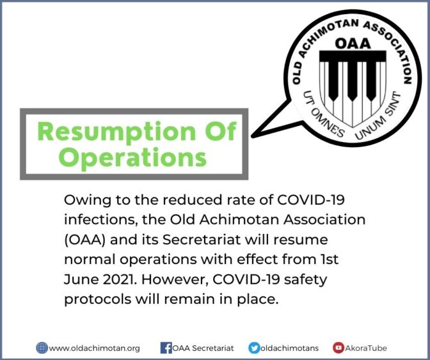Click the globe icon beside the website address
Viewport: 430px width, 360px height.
[42, 348]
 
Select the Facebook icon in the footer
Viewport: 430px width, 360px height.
[165, 348]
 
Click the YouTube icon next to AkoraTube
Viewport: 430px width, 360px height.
[338, 348]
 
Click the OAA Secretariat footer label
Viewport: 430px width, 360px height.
[203, 348]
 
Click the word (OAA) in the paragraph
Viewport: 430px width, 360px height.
[84, 240]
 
